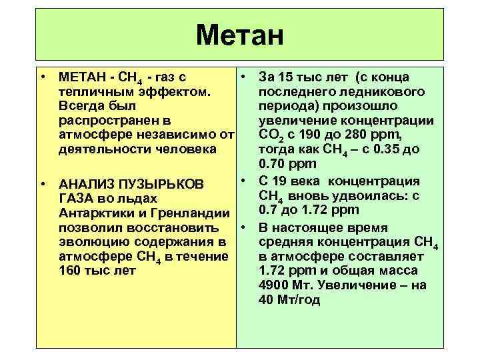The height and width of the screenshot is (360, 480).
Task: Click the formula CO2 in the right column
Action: pyautogui.click(x=267, y=135)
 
